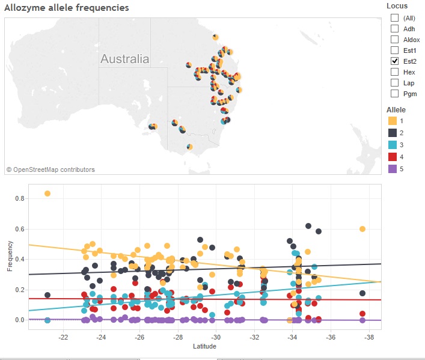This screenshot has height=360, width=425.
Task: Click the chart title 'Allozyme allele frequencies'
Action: click(66, 8)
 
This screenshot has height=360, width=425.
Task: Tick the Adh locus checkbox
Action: click(394, 29)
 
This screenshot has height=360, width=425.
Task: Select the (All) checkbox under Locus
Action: click(394, 18)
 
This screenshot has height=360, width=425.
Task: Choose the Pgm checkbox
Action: click(394, 94)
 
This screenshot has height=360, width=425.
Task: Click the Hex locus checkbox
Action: click(394, 72)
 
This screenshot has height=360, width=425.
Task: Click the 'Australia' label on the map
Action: click(124, 59)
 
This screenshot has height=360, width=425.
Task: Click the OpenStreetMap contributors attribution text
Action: click(50, 170)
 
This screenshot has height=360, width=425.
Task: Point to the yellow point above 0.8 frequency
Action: click(47, 194)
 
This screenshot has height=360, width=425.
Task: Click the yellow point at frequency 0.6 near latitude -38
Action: click(362, 229)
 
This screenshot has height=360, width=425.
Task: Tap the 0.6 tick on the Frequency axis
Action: click(20, 229)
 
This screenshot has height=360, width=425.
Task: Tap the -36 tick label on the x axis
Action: click(330, 337)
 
